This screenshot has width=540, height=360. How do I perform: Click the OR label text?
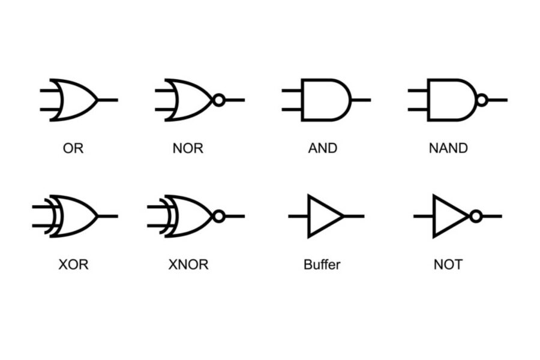click(x=73, y=148)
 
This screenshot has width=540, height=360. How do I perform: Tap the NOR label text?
click(x=188, y=148)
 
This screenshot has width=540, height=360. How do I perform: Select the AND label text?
click(x=323, y=148)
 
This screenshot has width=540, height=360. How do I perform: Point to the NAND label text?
click(x=448, y=148)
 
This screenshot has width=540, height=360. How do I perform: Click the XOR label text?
click(x=73, y=264)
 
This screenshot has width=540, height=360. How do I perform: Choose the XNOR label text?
click(x=188, y=264)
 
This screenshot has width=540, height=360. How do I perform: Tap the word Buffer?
click(x=322, y=264)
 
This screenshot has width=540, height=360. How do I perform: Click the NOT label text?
click(x=448, y=264)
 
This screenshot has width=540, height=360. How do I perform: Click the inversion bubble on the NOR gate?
click(x=219, y=100)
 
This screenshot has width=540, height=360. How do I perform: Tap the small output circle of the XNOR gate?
click(x=219, y=216)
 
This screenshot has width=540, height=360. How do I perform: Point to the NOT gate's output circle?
click(x=476, y=216)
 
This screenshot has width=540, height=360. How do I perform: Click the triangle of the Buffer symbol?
click(x=322, y=216)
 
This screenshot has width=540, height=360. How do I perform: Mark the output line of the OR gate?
click(x=108, y=100)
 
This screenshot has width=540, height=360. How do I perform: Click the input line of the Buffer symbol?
click(x=298, y=216)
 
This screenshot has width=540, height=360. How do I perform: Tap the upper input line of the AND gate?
click(x=292, y=91)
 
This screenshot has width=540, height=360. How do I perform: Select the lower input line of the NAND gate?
click(x=418, y=109)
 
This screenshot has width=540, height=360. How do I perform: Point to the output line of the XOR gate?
click(x=108, y=216)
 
